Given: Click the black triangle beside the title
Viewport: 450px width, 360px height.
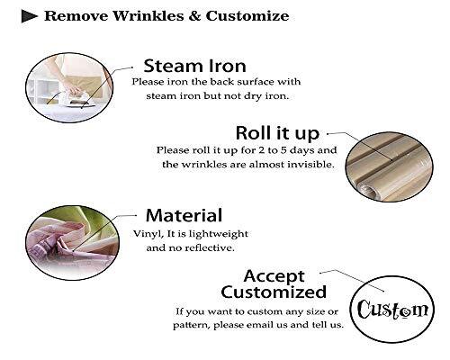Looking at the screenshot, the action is [x=29, y=16].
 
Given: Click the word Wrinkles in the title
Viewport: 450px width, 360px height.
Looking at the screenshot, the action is [x=148, y=16].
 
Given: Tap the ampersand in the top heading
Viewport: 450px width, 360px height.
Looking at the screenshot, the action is [x=194, y=16].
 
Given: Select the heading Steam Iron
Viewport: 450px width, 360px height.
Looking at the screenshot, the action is [x=194, y=66].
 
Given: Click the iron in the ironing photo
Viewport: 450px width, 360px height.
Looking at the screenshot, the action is [x=78, y=100].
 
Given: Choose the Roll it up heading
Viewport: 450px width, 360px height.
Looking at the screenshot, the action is [x=277, y=133].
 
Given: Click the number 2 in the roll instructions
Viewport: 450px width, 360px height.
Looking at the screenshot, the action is [x=261, y=150].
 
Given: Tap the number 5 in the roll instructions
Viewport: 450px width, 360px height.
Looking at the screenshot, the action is [x=283, y=150].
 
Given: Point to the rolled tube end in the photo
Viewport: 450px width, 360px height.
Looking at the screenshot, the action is [x=369, y=192].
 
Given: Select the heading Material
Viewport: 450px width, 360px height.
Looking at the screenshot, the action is [x=184, y=215].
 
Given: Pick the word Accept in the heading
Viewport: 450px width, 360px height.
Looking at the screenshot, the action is [x=274, y=276].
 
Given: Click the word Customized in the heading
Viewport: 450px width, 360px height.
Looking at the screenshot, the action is [x=274, y=292].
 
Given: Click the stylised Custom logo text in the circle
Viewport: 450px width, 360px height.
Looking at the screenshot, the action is [x=392, y=310].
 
